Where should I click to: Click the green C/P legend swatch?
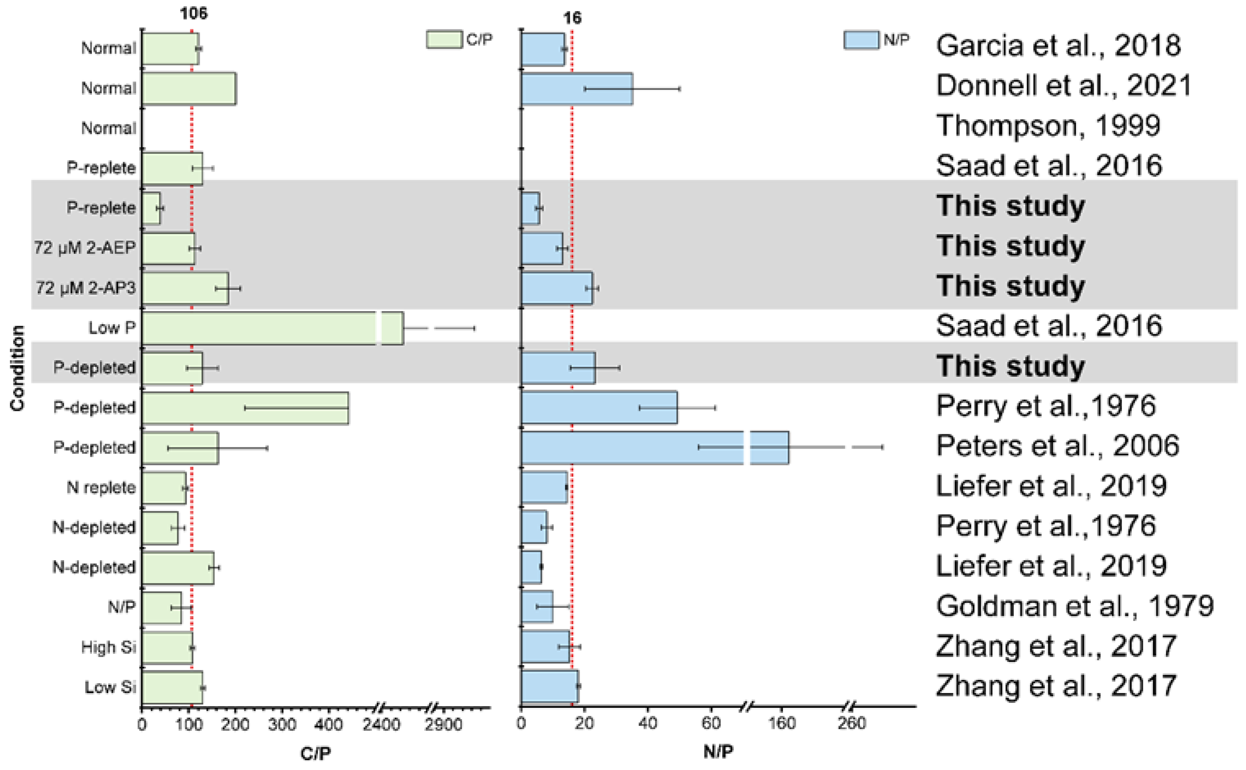444,40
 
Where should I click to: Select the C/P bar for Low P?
260,328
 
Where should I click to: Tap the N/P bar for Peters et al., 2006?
632,448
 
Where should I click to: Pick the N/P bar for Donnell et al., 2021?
576,88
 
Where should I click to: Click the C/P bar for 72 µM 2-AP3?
185,288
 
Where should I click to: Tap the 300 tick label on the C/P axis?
282,724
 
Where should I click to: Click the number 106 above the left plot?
194,13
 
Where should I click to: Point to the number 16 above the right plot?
572,18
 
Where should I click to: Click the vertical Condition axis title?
17,368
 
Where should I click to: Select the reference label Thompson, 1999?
1048,126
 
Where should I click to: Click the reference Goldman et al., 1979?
1074,606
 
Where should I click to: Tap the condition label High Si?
108,647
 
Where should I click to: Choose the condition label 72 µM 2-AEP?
85,248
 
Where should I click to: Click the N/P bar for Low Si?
549,686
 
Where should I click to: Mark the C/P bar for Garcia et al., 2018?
170,49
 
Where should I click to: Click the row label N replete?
101,488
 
